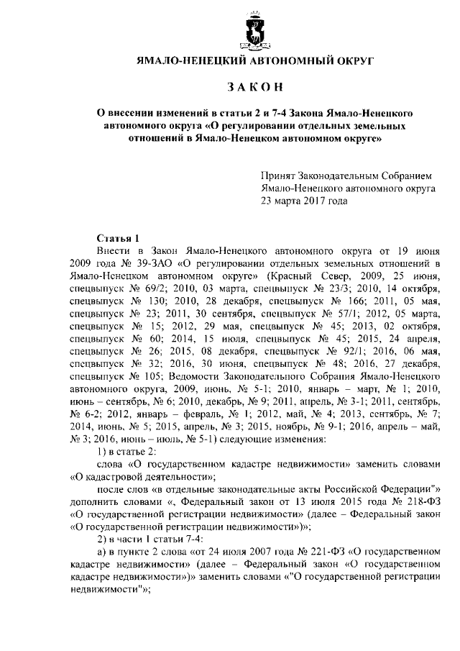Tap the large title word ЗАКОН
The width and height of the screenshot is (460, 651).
256,87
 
